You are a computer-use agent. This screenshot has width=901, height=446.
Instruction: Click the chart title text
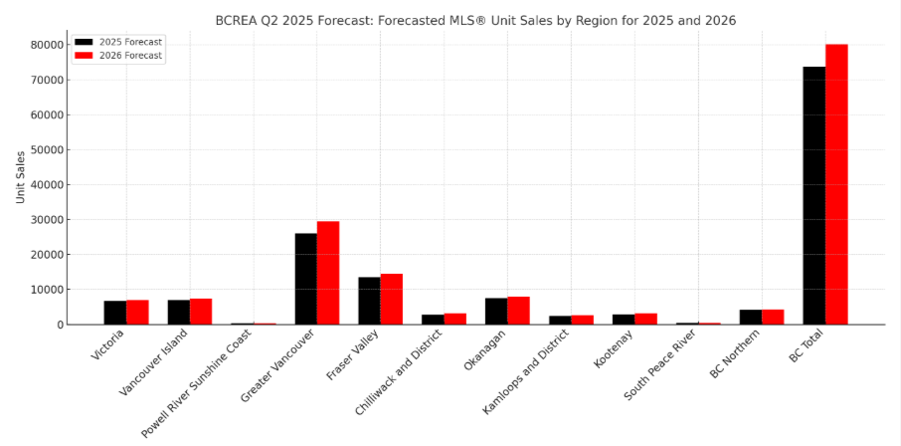475,20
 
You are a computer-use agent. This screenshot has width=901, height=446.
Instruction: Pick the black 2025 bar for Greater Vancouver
305,279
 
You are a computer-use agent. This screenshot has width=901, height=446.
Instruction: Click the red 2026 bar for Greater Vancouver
328,273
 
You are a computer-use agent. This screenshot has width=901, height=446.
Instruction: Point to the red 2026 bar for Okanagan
519,311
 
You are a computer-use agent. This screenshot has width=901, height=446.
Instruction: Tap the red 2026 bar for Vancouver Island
201,312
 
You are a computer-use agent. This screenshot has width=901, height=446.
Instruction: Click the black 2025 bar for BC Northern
750,317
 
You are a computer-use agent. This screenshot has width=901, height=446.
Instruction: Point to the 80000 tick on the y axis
48,45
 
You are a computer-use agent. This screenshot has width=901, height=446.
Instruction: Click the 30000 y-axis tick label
48,220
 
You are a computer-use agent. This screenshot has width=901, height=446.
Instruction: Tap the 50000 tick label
48,150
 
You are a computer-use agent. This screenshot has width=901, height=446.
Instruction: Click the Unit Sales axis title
21,177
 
